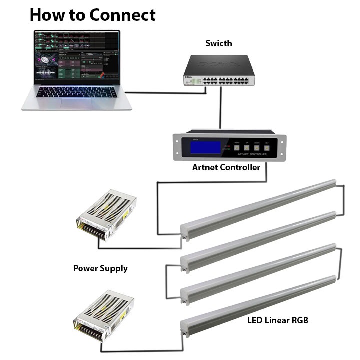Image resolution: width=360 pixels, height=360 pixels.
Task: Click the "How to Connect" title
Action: tap(93, 15)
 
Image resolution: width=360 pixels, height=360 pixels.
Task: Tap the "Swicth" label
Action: tap(219, 43)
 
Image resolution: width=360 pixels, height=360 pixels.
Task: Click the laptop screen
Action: tap(77, 58)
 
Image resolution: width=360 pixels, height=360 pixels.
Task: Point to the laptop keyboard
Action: tap(77, 92)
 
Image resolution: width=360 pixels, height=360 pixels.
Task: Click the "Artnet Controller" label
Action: tap(226, 168)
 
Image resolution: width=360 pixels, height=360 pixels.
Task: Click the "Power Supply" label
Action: tap(100, 268)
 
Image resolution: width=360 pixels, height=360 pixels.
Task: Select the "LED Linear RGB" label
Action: tap(278, 320)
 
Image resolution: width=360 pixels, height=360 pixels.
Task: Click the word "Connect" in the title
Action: tap(122, 15)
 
